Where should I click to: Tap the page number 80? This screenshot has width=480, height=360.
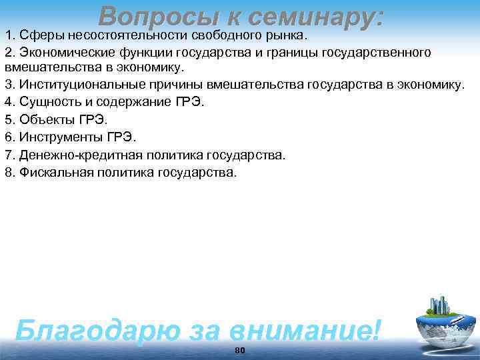tap(241, 351)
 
